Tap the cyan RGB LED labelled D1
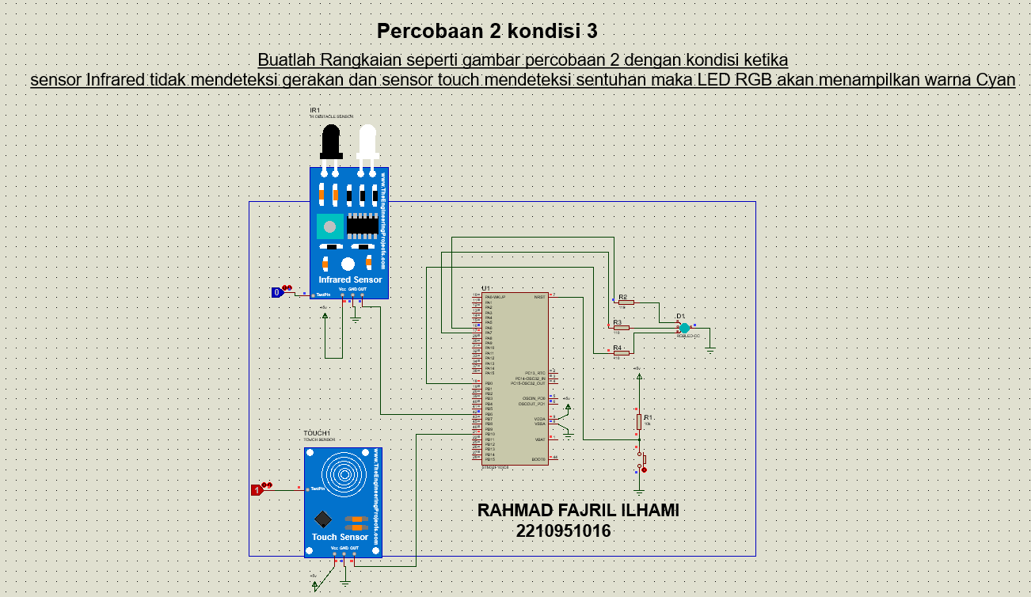[x=685, y=327]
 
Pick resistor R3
[x=621, y=327]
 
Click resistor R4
[x=621, y=352]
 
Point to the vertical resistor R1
[x=639, y=422]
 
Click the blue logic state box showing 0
[x=277, y=292]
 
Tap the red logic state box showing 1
[x=257, y=490]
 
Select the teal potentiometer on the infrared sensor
[x=329, y=226]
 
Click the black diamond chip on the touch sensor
[x=322, y=519]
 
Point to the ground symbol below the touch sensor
[x=345, y=582]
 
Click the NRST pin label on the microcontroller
[x=539, y=297]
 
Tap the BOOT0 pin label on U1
[x=538, y=459]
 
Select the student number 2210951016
[x=563, y=531]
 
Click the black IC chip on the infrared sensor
[x=362, y=225]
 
